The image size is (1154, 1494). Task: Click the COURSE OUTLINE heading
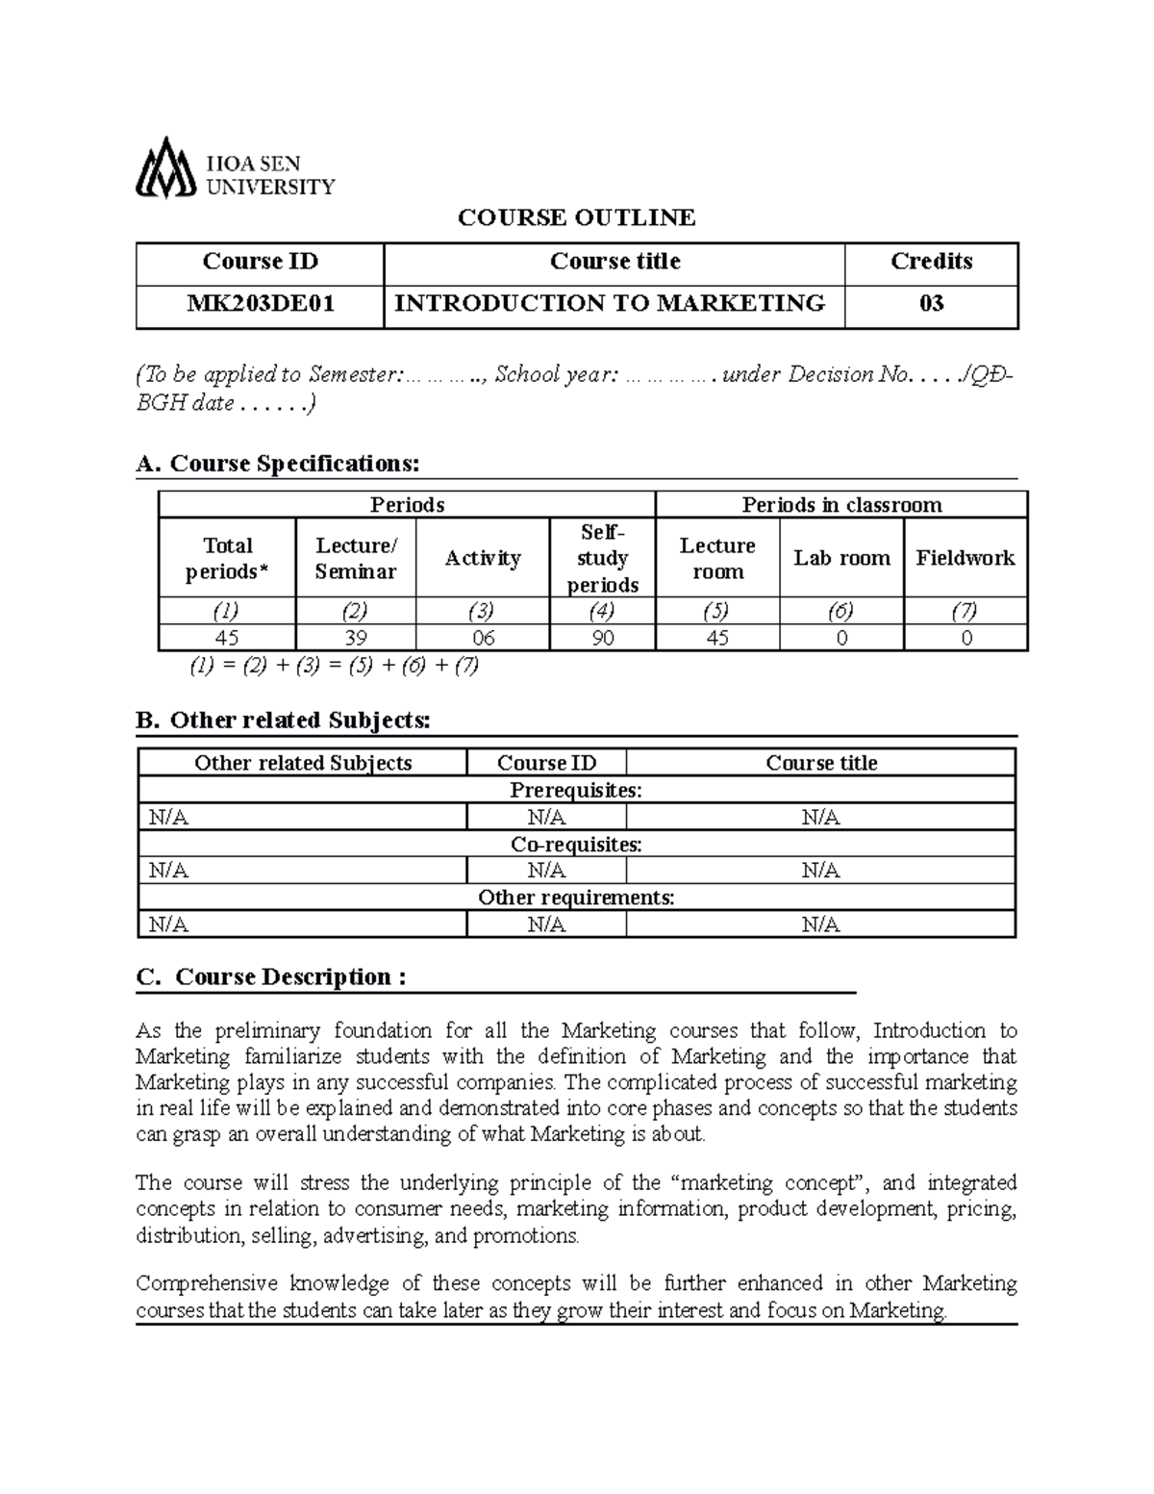point(576,218)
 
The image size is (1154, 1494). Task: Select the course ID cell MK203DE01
point(261,304)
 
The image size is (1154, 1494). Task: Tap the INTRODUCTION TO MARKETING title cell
point(611,304)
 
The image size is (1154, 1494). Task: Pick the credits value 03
point(931,304)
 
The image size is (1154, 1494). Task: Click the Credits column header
point(931,262)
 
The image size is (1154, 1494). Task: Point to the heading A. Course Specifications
point(279,464)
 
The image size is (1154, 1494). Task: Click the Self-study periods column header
point(603,558)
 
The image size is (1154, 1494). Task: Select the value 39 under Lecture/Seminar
point(356,638)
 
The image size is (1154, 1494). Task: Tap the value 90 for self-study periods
point(603,638)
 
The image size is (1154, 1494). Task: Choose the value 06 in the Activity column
point(482,638)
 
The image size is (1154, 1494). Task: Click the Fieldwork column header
point(965,558)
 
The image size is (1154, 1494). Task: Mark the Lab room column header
point(841,558)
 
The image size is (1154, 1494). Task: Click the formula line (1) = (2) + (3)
point(334,666)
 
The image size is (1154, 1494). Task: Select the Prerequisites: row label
point(576,790)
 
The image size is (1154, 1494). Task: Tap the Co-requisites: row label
point(576,844)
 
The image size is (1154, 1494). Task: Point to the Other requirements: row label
point(576,898)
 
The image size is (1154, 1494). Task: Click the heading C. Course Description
point(271,977)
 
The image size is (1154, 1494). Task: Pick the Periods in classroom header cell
point(841,505)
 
